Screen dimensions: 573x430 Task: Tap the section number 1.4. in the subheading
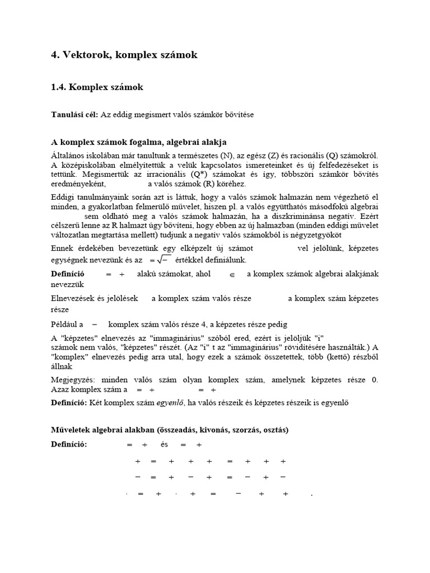pos(61,87)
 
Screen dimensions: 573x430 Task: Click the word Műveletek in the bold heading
pos(73,430)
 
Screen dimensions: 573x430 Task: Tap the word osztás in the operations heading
pos(274,430)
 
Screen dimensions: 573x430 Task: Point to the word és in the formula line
pos(164,445)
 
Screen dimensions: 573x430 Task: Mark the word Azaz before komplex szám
pos(60,389)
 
